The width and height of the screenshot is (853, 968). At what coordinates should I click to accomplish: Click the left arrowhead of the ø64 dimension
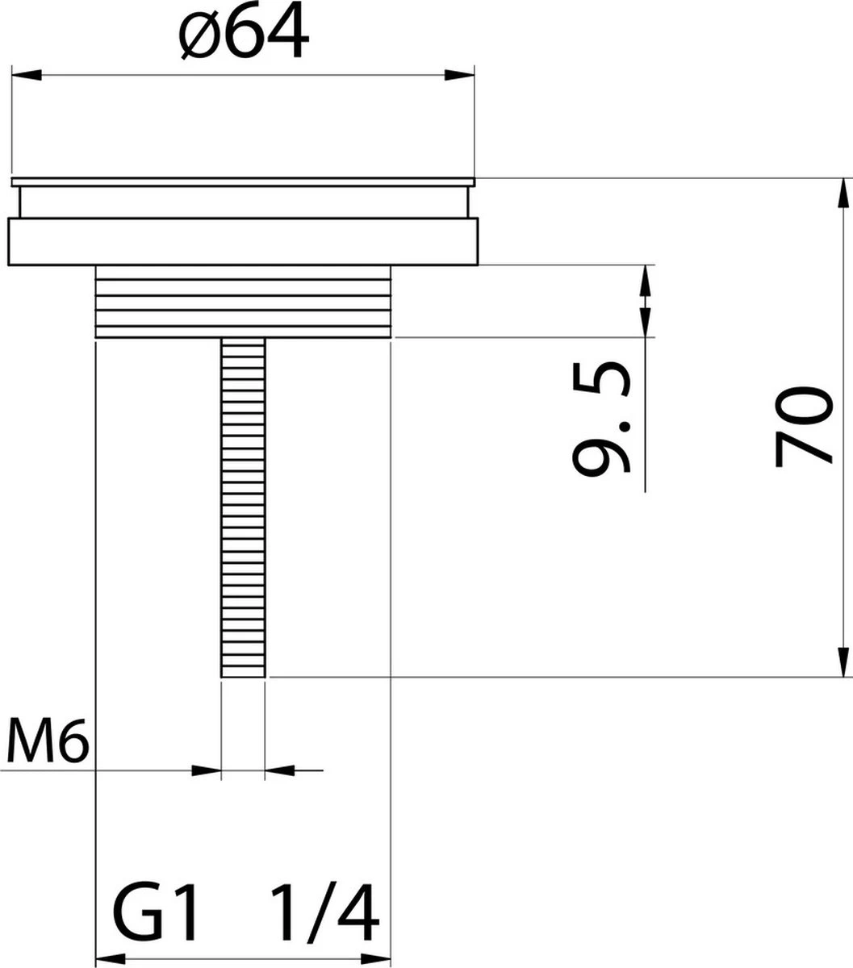point(24,75)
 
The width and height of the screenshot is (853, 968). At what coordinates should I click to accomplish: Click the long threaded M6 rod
point(243,500)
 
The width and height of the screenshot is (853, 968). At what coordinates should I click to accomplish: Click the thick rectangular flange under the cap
point(243,241)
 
